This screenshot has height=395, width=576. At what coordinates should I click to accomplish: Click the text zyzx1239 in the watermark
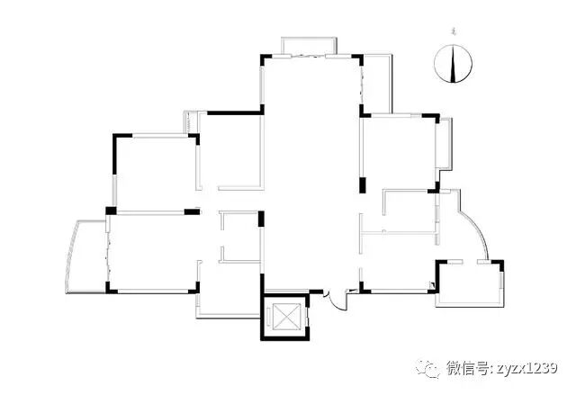tap(524, 368)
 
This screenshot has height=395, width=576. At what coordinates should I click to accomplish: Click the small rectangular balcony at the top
tap(309, 46)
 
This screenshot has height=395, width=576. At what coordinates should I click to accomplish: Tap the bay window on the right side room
tap(442, 144)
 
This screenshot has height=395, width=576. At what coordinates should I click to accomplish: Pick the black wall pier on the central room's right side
tap(363, 186)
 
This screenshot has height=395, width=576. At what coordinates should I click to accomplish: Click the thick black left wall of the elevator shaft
tap(263, 316)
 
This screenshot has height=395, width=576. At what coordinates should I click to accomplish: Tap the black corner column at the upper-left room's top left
tap(115, 139)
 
